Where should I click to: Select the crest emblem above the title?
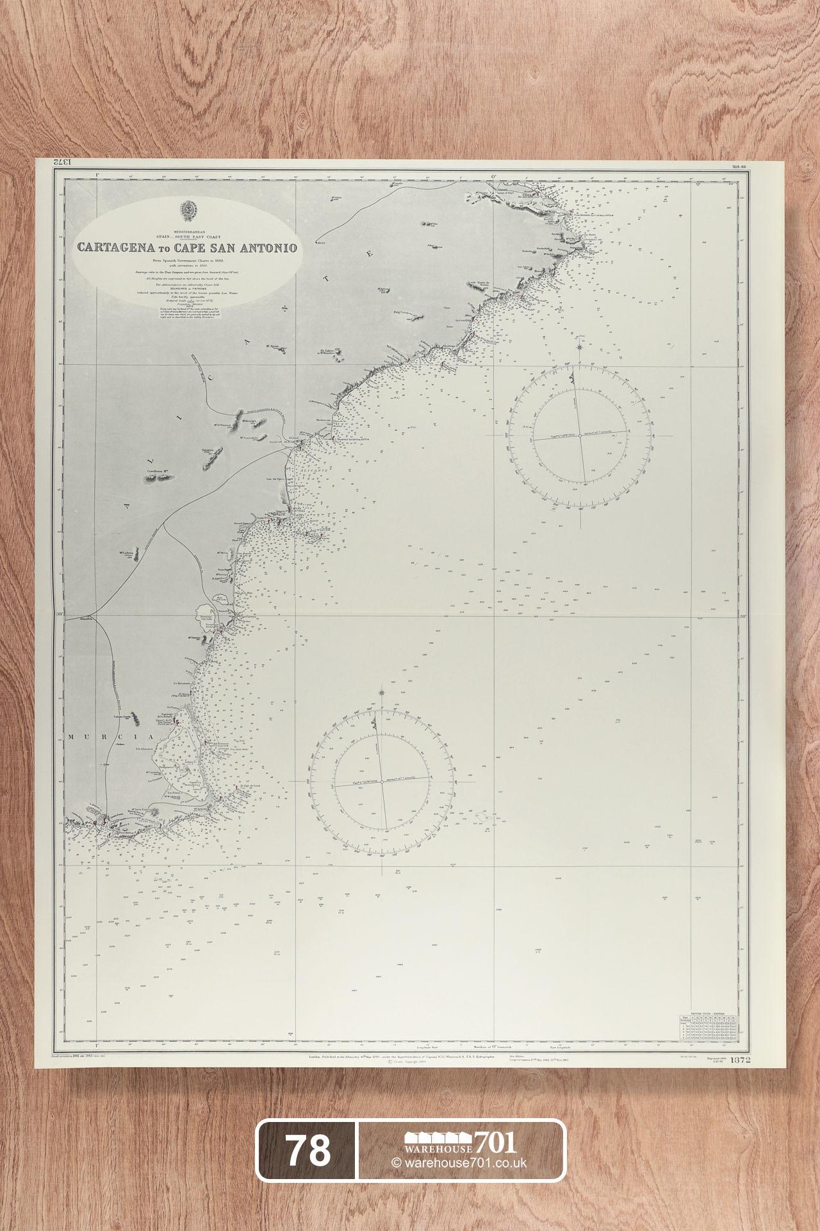tap(188, 210)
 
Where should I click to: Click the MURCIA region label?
tap(90, 737)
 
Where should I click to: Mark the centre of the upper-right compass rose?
tap(579, 435)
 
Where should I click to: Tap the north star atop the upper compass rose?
tap(579, 347)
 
